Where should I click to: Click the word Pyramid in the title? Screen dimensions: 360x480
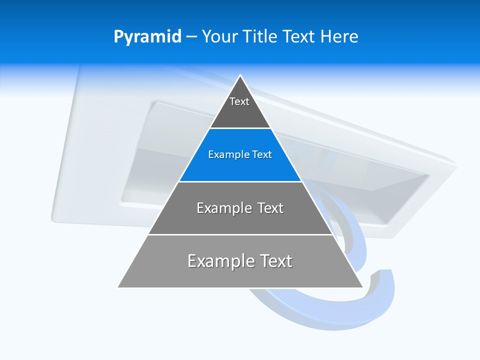(147, 37)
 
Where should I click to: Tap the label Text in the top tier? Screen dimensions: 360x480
(239, 101)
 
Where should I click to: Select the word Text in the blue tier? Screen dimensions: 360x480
(262, 155)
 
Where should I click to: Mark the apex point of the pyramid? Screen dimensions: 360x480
(240, 75)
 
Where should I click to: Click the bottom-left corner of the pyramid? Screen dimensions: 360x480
(118, 287)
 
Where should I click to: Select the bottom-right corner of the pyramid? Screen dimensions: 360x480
(362, 287)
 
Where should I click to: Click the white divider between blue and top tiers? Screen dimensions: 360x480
(240, 128)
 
